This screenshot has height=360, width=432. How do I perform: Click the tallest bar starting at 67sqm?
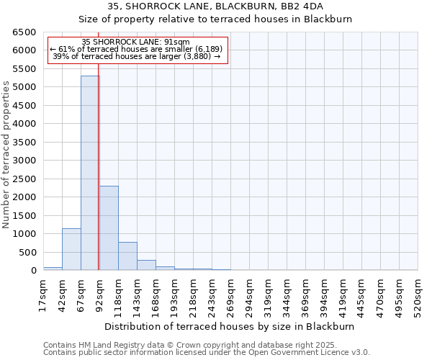(x=90, y=173)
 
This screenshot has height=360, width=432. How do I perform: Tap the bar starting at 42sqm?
(x=71, y=249)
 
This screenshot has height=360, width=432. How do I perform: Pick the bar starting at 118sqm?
(x=127, y=256)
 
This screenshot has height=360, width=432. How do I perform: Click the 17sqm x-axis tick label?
(x=44, y=294)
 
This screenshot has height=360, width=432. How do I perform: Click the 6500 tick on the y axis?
(x=24, y=32)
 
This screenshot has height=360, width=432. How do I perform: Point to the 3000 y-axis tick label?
(x=24, y=161)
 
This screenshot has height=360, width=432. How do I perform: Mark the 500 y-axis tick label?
(x=27, y=253)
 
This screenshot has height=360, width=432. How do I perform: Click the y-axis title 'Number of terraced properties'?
(x=6, y=154)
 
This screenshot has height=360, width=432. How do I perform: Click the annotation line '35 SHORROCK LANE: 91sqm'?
(x=136, y=42)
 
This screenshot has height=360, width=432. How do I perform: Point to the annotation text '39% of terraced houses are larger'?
(x=136, y=56)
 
